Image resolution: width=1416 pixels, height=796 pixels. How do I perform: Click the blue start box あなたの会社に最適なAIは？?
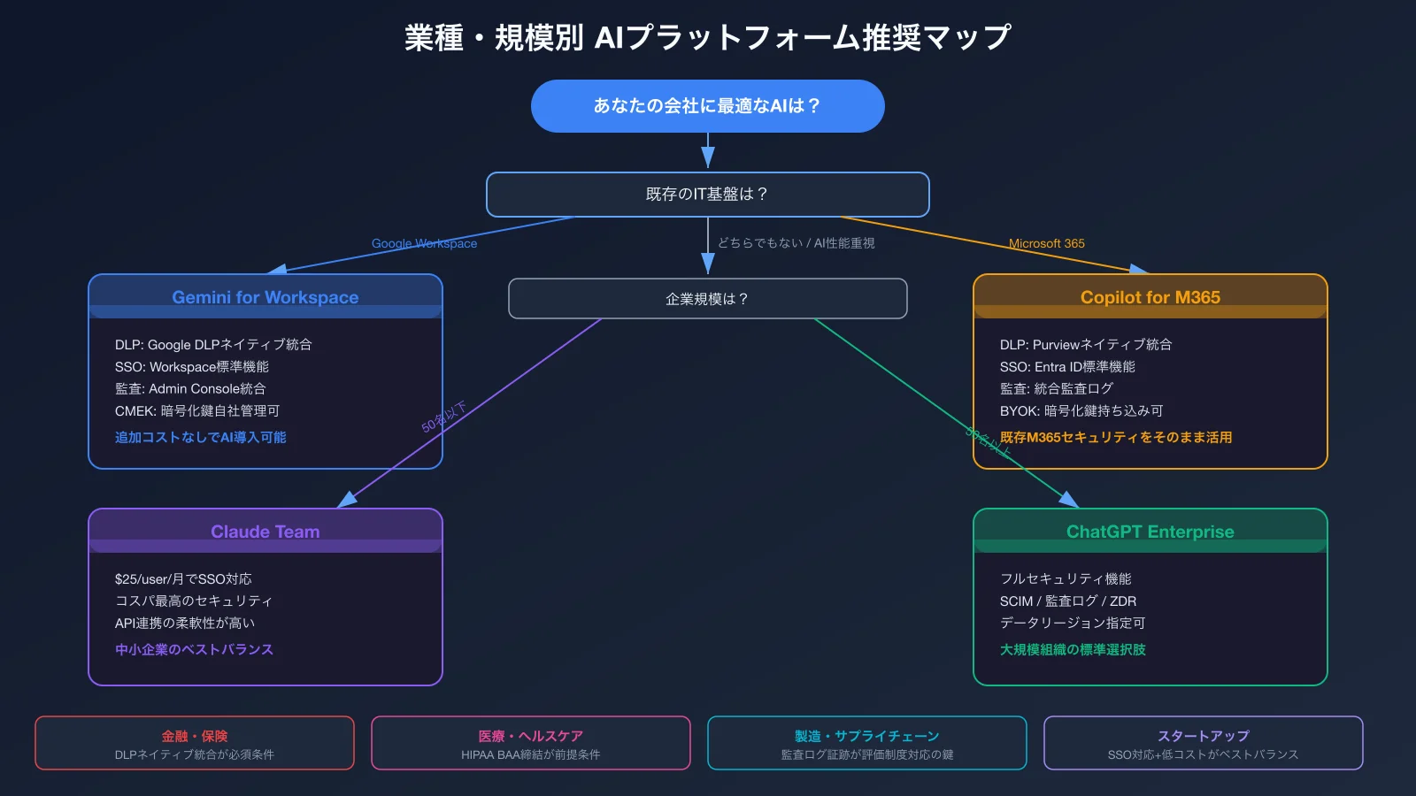(x=707, y=106)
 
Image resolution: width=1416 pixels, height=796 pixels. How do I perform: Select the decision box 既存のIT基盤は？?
(x=707, y=195)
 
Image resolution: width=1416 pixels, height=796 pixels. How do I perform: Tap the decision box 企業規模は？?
(x=707, y=299)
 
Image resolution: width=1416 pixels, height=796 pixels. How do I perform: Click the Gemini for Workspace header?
(x=265, y=297)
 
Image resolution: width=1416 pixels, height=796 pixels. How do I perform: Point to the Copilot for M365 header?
(x=1150, y=297)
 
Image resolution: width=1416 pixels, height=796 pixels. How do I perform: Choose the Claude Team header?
(x=265, y=532)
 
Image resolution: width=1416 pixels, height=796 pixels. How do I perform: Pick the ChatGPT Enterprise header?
(x=1150, y=532)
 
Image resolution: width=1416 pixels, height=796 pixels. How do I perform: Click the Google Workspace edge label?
(x=424, y=243)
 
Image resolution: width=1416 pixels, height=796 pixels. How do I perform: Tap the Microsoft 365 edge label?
(x=1046, y=243)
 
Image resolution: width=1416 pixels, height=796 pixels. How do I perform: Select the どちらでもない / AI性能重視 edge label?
(x=796, y=243)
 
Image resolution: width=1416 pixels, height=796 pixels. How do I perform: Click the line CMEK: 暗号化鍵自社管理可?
(x=197, y=410)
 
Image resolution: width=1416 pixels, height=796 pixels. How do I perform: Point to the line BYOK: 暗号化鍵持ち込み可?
(x=1081, y=410)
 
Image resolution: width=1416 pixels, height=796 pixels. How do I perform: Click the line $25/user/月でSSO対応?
(x=183, y=578)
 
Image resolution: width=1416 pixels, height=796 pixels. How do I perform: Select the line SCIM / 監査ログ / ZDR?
(x=1068, y=601)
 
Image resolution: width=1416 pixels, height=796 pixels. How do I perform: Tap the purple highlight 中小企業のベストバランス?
(x=194, y=649)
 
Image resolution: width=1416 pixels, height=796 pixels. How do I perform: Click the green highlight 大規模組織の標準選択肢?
(x=1073, y=649)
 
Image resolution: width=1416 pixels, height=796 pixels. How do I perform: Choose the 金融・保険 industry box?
(x=195, y=743)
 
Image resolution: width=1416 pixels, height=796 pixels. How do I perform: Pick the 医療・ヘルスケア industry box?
(x=531, y=743)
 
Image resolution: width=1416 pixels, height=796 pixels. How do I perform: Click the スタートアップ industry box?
(x=1204, y=743)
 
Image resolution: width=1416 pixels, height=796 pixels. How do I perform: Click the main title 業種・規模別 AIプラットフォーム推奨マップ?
(x=707, y=37)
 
